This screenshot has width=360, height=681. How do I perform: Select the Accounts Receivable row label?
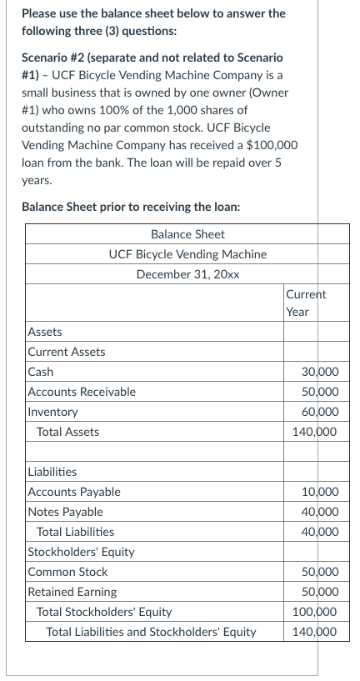tap(82, 392)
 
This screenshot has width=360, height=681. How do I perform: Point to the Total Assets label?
tap(68, 432)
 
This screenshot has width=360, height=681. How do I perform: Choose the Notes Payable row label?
tap(66, 512)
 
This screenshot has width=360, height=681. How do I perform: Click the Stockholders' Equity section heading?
tap(81, 552)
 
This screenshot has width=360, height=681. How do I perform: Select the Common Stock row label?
tap(67, 572)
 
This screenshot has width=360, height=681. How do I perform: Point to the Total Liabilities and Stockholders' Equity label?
tap(151, 632)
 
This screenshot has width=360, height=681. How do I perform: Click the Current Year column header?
tap(305, 303)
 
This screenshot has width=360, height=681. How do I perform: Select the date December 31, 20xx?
tap(187, 273)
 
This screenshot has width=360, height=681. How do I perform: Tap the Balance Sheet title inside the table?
tap(187, 234)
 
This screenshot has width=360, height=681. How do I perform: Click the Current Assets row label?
tap(66, 352)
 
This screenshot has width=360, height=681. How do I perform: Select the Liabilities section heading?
tap(52, 472)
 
